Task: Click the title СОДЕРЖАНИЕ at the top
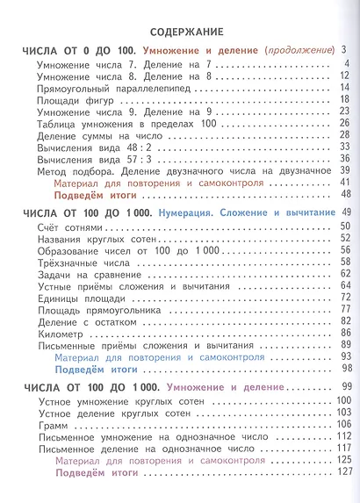[x=180, y=31]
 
